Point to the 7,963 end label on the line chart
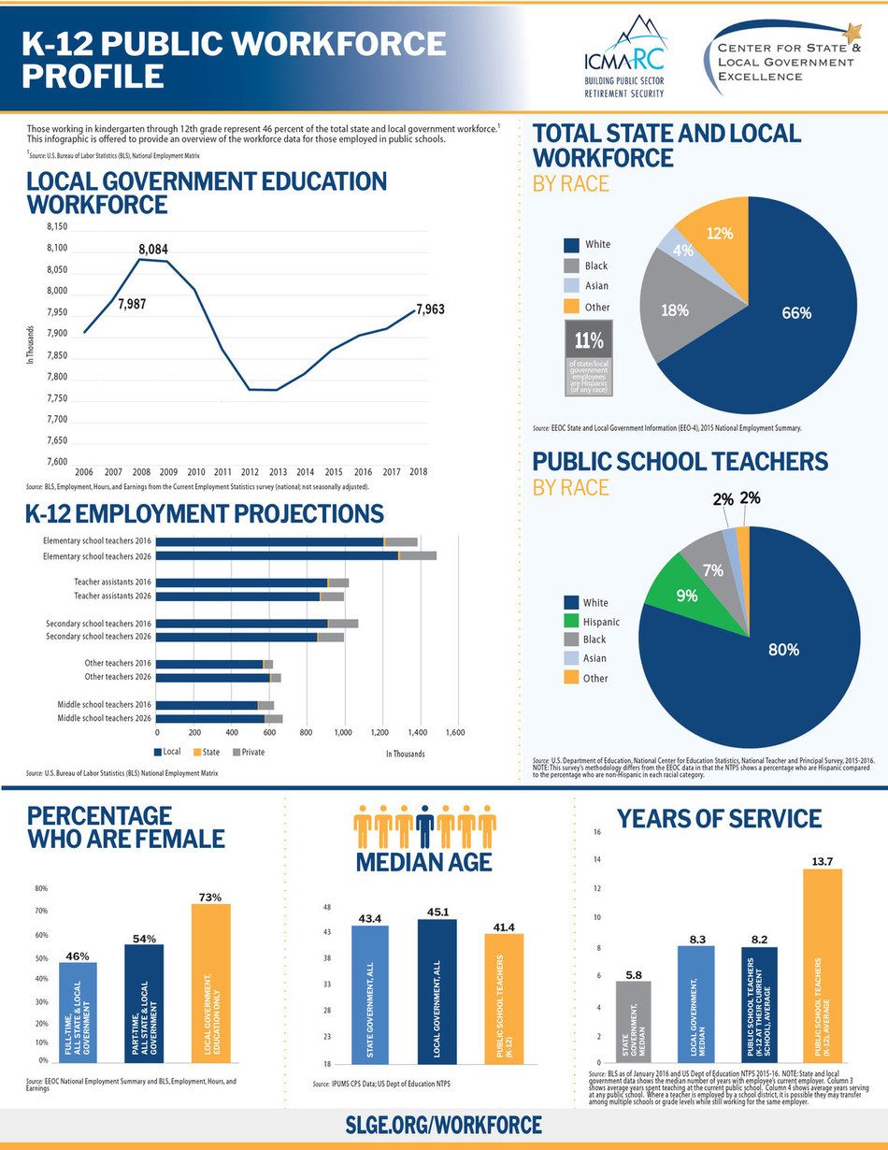[x=430, y=309]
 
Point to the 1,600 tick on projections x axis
[x=456, y=734]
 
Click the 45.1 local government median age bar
[x=437, y=991]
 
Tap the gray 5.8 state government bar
[x=634, y=1023]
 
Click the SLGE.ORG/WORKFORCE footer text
[x=444, y=1124]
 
